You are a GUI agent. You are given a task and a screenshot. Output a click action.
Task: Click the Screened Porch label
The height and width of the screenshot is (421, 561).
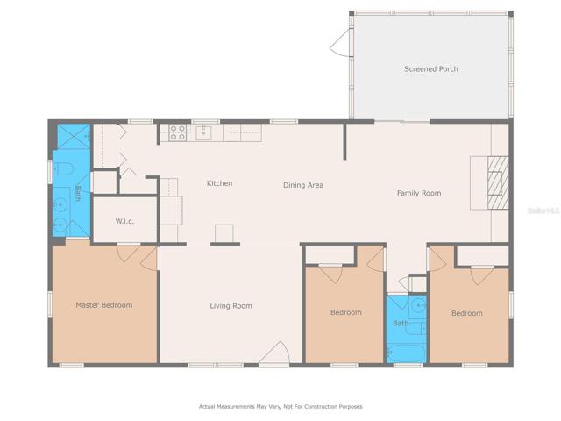(x=430, y=68)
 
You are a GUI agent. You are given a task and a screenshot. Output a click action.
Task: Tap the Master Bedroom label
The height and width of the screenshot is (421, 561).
(x=104, y=305)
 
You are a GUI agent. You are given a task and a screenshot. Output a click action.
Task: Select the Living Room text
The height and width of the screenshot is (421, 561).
(x=231, y=306)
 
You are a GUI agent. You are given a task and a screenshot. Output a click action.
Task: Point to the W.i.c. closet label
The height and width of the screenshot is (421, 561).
(x=124, y=221)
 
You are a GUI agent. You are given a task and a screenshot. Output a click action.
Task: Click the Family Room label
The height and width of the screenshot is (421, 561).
(x=419, y=193)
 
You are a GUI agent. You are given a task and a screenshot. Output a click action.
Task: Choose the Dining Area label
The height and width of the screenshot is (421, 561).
(x=303, y=185)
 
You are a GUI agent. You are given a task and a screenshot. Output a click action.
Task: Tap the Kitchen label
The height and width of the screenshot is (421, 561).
(x=220, y=183)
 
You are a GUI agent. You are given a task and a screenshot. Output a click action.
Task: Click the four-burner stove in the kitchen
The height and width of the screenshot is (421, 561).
(x=177, y=132)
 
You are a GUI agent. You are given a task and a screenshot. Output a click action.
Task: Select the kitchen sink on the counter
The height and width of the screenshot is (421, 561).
(x=204, y=132)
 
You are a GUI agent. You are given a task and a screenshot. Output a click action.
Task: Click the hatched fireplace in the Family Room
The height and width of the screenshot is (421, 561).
(x=498, y=182)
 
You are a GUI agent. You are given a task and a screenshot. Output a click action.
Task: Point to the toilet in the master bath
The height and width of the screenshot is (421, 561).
(x=63, y=168)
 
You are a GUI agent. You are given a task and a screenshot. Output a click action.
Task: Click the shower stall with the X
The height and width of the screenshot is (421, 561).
(x=74, y=136)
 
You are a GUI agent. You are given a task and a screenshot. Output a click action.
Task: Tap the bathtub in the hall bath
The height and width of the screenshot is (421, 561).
(x=407, y=353)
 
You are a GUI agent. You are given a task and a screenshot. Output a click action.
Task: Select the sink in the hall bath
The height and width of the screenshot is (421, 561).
(x=417, y=306)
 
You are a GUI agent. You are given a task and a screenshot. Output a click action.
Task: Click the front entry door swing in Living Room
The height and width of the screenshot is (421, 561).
(x=273, y=353)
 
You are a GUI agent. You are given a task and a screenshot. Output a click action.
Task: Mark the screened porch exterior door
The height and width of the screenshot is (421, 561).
(x=342, y=43)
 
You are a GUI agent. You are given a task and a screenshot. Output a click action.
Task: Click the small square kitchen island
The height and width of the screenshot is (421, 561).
(x=224, y=233)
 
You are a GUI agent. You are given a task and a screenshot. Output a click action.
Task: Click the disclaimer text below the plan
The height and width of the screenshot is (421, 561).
(x=280, y=406)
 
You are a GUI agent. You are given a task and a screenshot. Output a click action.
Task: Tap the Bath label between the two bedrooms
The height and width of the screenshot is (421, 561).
(x=401, y=324)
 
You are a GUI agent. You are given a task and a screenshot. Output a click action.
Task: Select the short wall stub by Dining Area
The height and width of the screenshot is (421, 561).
(x=344, y=141)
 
